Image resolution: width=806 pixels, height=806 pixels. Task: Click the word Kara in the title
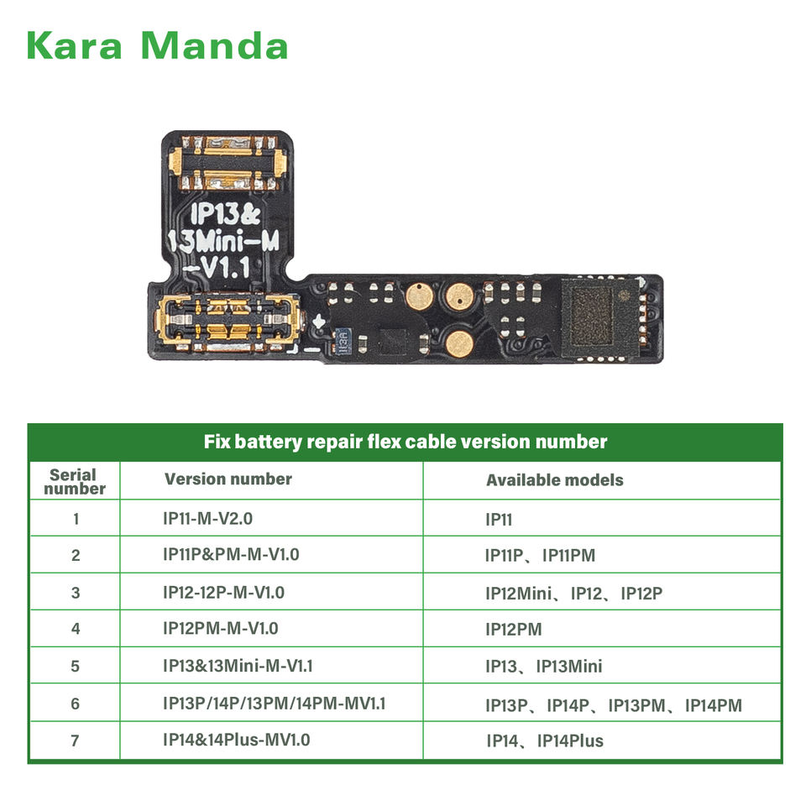76,46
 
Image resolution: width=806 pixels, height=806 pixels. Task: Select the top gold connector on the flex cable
226,162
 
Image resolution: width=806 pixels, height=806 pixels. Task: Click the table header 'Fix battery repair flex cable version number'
405,442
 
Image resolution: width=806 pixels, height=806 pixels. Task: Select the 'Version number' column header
228,479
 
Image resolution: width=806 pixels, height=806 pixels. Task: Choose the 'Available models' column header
555,480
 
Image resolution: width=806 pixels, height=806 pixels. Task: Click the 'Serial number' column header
75,481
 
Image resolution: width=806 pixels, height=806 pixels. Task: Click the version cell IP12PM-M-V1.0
220,628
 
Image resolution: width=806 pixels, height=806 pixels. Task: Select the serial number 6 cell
76,704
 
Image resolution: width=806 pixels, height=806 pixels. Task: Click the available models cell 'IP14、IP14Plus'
545,741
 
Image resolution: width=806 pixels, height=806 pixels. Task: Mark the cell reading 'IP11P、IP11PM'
540,555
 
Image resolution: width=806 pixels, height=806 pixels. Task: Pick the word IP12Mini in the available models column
519,594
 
